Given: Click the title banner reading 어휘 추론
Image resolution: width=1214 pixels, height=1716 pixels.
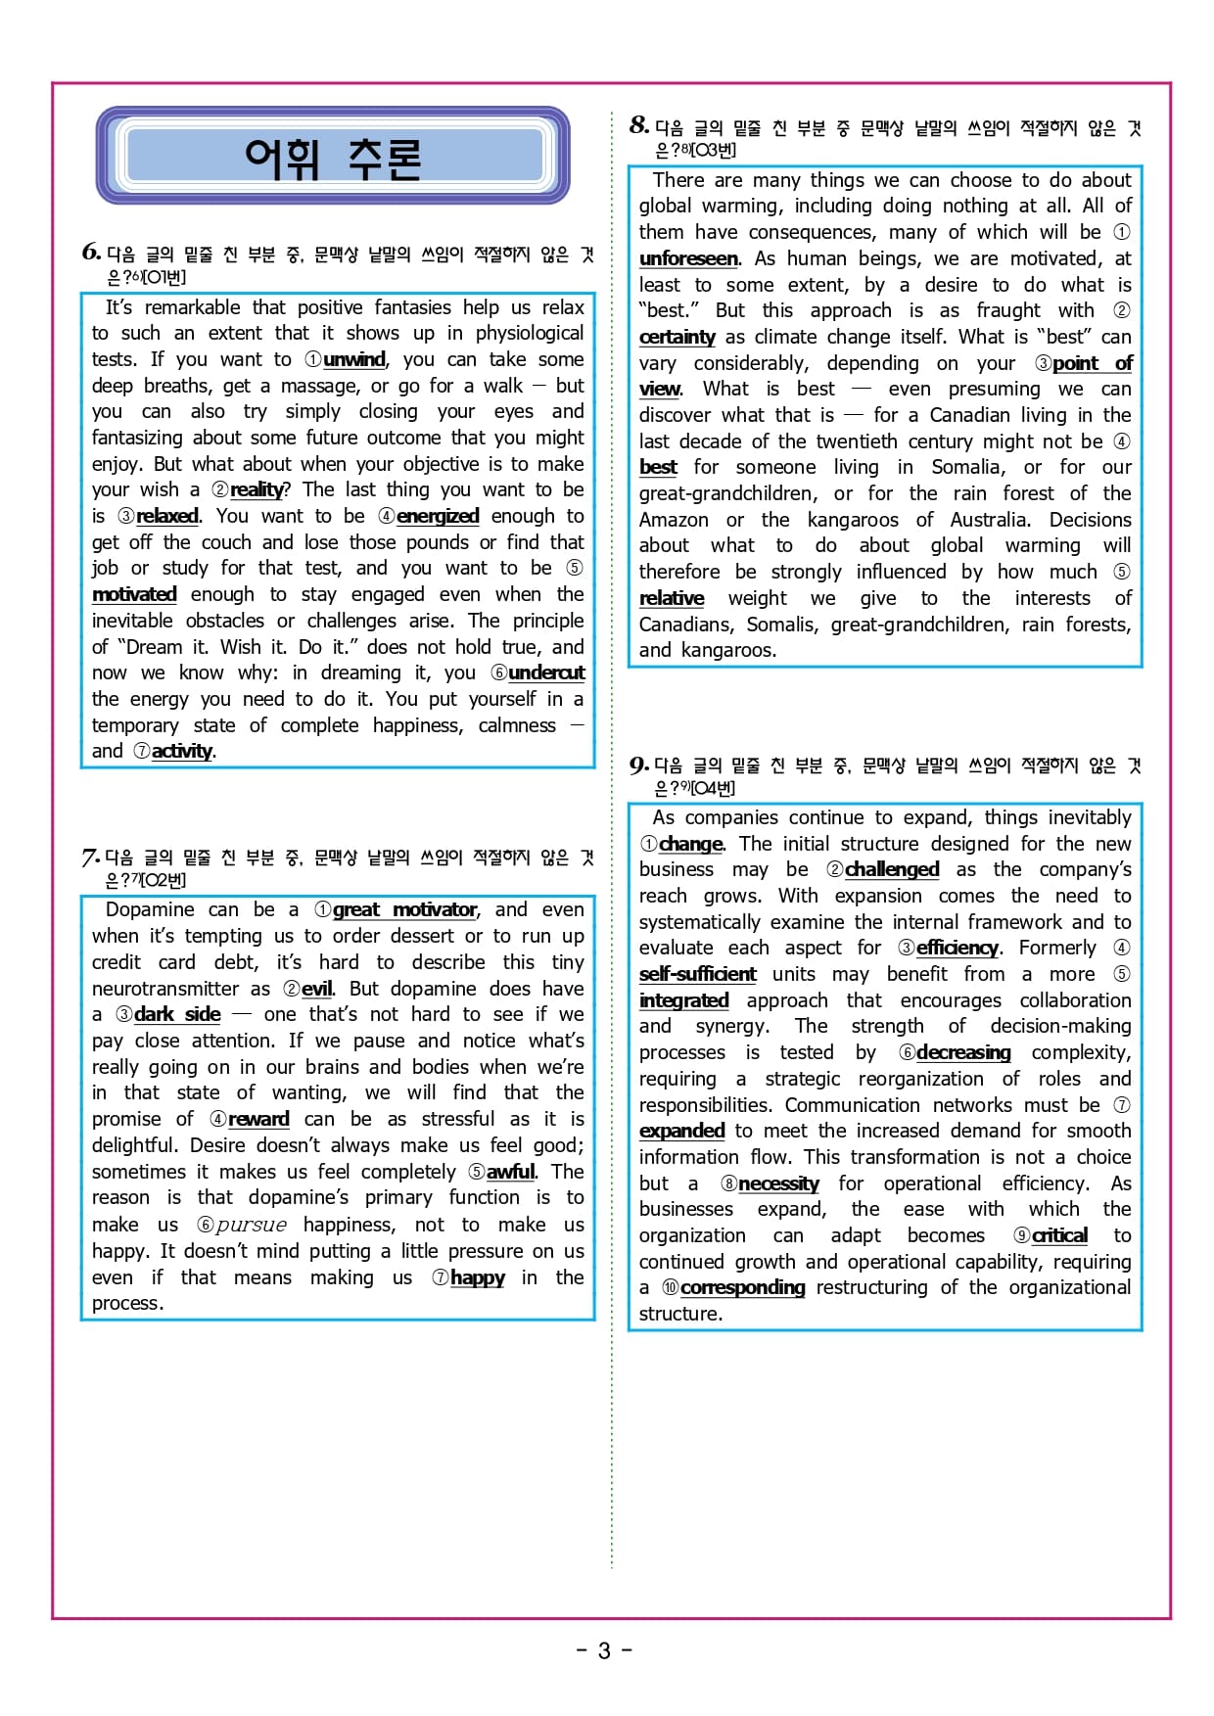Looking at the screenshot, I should coord(333,157).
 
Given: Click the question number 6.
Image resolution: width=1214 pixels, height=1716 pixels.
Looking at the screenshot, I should coord(91,253).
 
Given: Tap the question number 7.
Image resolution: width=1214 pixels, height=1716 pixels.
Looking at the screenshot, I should coord(90,858).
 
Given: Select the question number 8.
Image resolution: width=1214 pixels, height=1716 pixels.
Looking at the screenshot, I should coord(639,125).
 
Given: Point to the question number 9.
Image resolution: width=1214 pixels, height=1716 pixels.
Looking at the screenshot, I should coord(639,765).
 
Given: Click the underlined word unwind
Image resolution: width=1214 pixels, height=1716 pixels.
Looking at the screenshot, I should coord(354,360).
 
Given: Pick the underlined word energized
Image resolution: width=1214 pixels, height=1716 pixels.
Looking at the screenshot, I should coord(438,517).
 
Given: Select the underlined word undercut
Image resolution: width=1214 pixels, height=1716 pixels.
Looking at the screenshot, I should coord(546,673).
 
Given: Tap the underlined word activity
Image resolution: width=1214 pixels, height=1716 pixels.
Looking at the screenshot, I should coord(182,752).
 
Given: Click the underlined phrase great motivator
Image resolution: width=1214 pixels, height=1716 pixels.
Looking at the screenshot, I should coord(405,910).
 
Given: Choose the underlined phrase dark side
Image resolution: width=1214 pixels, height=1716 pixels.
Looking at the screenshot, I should coord(177,1015).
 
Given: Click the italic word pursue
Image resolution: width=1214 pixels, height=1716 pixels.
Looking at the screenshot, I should coord(252,1225).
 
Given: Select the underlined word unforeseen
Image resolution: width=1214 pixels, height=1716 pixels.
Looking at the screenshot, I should coord(688,259).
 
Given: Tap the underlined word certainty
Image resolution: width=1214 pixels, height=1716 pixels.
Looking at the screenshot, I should coord(677,338).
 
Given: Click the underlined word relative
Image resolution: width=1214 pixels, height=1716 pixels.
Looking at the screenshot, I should coord(672,599).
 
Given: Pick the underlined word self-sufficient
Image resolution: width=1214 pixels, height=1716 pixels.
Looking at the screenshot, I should coord(697,975).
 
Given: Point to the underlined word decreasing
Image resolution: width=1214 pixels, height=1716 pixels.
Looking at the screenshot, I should coord(963,1053).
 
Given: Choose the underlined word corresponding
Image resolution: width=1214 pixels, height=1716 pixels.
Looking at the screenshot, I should coord(742,1288).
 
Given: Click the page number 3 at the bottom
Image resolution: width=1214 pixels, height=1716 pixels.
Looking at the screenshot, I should coord(604,1651).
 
